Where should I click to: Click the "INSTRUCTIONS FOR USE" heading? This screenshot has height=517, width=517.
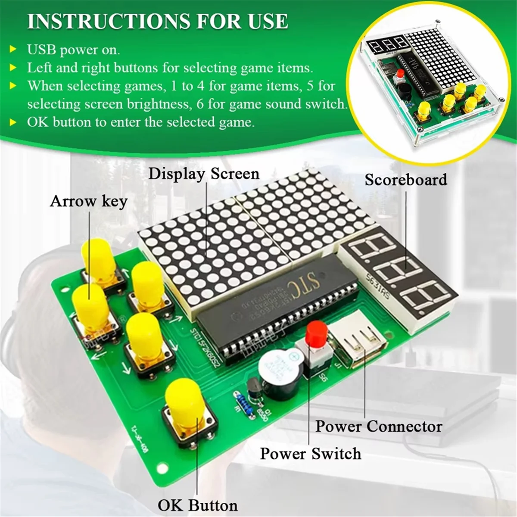(158, 22)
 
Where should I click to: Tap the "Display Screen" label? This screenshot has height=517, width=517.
(204, 174)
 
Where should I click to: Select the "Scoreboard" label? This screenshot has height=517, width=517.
(406, 179)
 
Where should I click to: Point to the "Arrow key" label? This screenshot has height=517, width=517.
(89, 201)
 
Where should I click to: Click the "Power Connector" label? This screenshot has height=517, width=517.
(379, 426)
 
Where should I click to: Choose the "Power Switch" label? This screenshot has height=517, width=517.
(311, 453)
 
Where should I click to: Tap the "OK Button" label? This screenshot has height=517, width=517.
(198, 505)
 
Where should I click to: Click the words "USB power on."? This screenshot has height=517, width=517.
(74, 50)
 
